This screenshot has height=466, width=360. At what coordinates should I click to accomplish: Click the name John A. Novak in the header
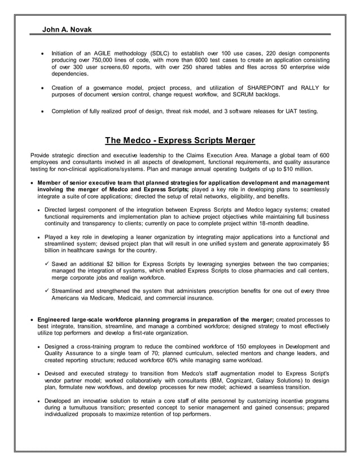[x=67, y=29]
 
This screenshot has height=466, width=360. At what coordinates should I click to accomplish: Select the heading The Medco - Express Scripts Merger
[x=180, y=140]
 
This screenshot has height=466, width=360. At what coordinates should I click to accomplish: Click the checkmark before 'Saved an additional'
[x=47, y=265]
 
